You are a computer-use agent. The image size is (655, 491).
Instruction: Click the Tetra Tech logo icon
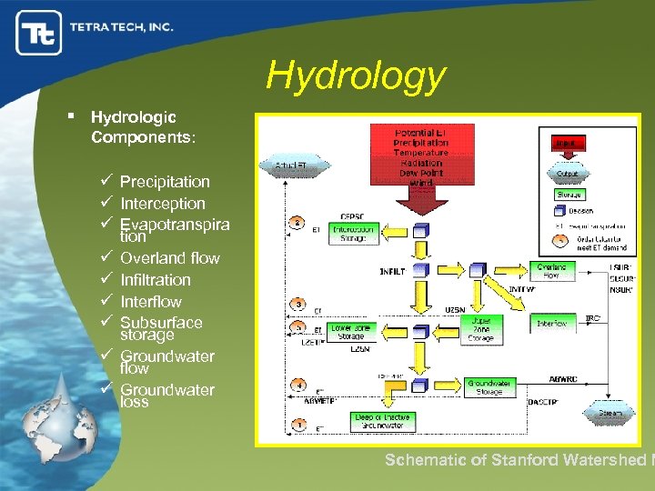pos(39,33)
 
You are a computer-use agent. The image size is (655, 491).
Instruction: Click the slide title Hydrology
pos(356,76)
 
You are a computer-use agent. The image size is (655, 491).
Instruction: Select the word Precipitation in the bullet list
pos(165,182)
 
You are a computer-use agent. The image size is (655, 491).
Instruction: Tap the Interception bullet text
pos(163,204)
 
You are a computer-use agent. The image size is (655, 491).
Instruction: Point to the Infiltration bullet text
pos(156,280)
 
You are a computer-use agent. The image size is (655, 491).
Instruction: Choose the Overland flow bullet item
pos(170,258)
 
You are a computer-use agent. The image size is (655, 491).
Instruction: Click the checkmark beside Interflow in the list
pos(106,301)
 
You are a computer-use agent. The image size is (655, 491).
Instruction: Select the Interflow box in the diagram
pos(551,323)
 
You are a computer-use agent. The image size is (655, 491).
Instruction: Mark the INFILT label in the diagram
pos(393,271)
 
